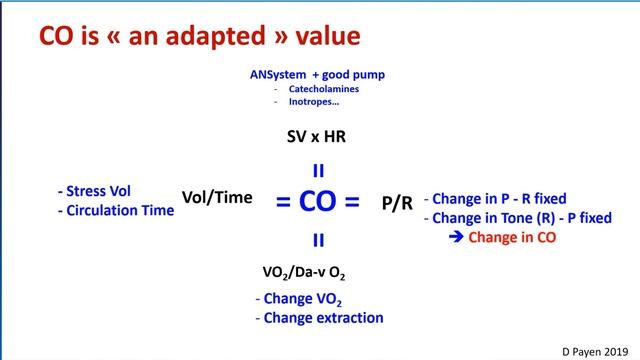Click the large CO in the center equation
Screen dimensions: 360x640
tap(318, 202)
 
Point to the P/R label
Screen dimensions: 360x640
tap(397, 202)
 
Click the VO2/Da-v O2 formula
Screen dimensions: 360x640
tap(318, 271)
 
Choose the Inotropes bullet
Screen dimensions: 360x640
tap(316, 102)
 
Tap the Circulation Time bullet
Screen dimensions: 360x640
tap(116, 210)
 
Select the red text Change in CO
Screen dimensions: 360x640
tap(512, 237)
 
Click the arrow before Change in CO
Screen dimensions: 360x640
tap(456, 237)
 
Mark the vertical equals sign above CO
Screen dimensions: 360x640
tap(318, 170)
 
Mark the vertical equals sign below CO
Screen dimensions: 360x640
tap(318, 239)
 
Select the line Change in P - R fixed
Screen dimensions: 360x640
tap(499, 198)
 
